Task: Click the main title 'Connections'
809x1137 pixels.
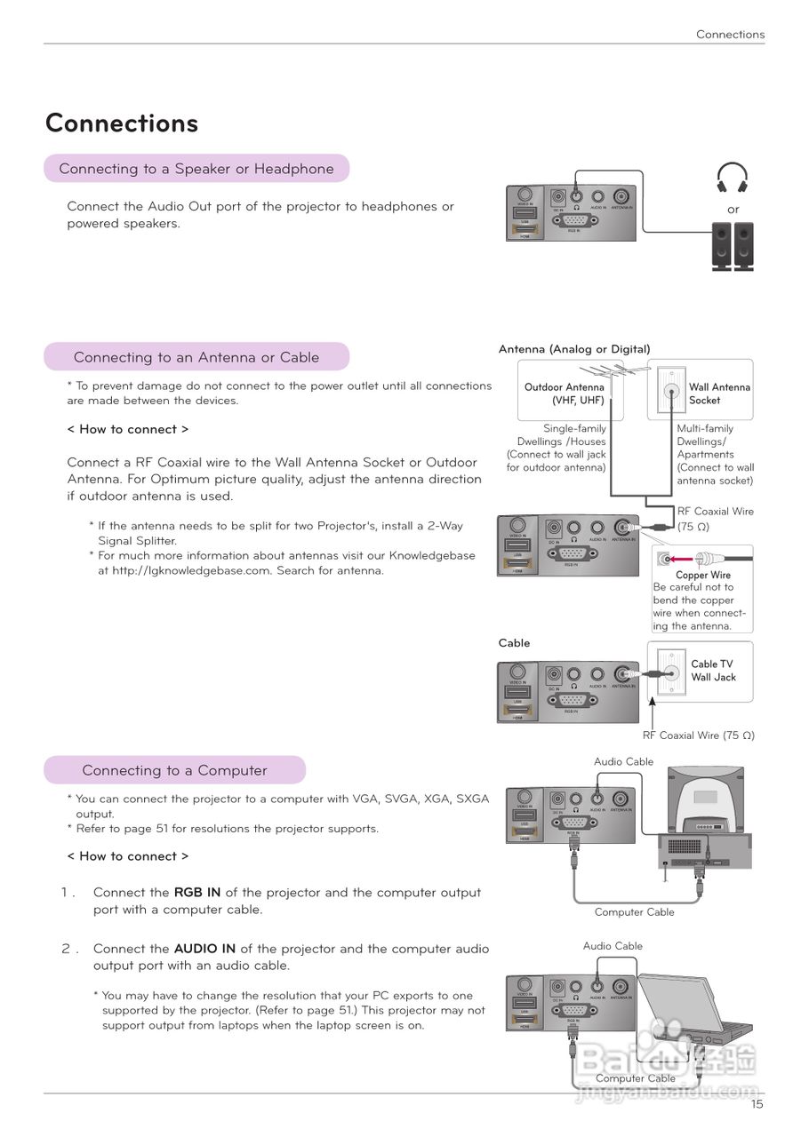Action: pyautogui.click(x=122, y=123)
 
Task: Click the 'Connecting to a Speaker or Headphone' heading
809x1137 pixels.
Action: pyautogui.click(x=196, y=169)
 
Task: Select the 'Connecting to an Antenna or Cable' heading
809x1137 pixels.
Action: pyautogui.click(x=196, y=357)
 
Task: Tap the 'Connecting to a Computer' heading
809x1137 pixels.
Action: pyautogui.click(x=174, y=770)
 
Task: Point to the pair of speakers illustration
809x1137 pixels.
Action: pyautogui.click(x=732, y=246)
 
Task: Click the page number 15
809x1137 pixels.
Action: pyautogui.click(x=757, y=1104)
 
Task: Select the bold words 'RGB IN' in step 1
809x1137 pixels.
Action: pyautogui.click(x=197, y=893)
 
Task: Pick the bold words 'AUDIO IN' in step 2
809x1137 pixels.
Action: pyautogui.click(x=204, y=949)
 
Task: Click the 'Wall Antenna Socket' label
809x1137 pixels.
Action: pyautogui.click(x=718, y=394)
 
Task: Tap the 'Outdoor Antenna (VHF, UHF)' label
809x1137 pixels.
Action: pyautogui.click(x=565, y=394)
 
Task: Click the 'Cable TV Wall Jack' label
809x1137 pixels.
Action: pyautogui.click(x=713, y=671)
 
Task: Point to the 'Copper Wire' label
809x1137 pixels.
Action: pyautogui.click(x=703, y=575)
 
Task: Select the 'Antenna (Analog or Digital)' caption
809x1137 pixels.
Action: pyautogui.click(x=574, y=349)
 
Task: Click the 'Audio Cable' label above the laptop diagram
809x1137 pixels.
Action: pyautogui.click(x=613, y=946)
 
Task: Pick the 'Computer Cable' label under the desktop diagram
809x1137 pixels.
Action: pyautogui.click(x=635, y=912)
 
